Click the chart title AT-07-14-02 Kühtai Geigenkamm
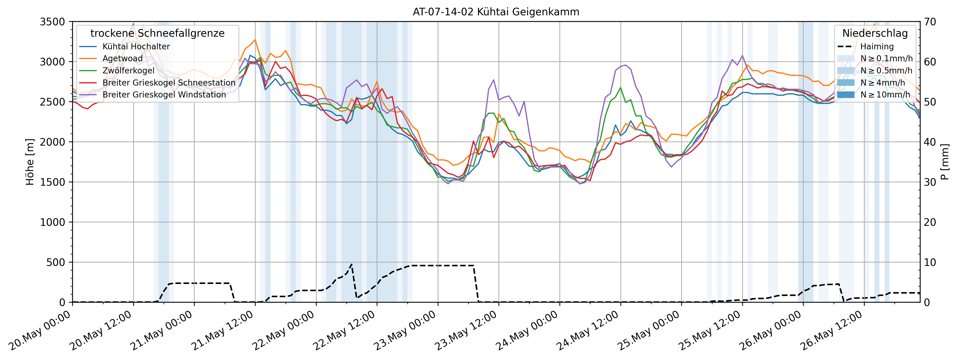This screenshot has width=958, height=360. (496, 12)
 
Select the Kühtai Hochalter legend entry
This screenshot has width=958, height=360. (136, 46)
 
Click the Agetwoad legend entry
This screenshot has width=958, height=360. (122, 58)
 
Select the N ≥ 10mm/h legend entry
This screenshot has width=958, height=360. (885, 95)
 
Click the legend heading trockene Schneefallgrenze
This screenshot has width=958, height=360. (157, 34)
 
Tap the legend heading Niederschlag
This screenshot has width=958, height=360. (875, 34)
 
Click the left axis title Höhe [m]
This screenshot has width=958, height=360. (30, 162)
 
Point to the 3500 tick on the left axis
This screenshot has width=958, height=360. (52, 22)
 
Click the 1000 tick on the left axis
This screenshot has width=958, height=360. (52, 222)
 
